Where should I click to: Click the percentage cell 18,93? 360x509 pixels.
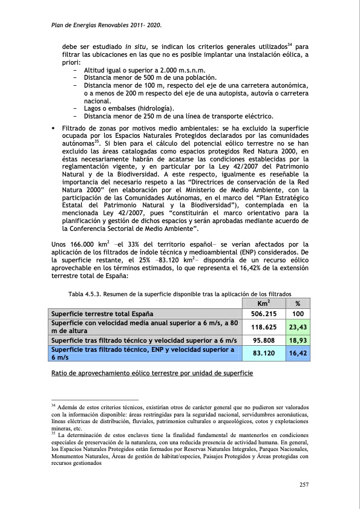(x=298, y=341)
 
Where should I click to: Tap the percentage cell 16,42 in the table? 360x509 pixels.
(x=298, y=353)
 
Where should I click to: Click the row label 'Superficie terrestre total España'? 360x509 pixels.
(x=102, y=314)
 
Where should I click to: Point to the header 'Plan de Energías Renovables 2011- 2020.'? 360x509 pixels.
(x=105, y=25)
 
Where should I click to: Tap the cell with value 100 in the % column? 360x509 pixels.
(x=298, y=314)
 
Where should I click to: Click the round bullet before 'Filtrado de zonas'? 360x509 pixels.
(x=53, y=129)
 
